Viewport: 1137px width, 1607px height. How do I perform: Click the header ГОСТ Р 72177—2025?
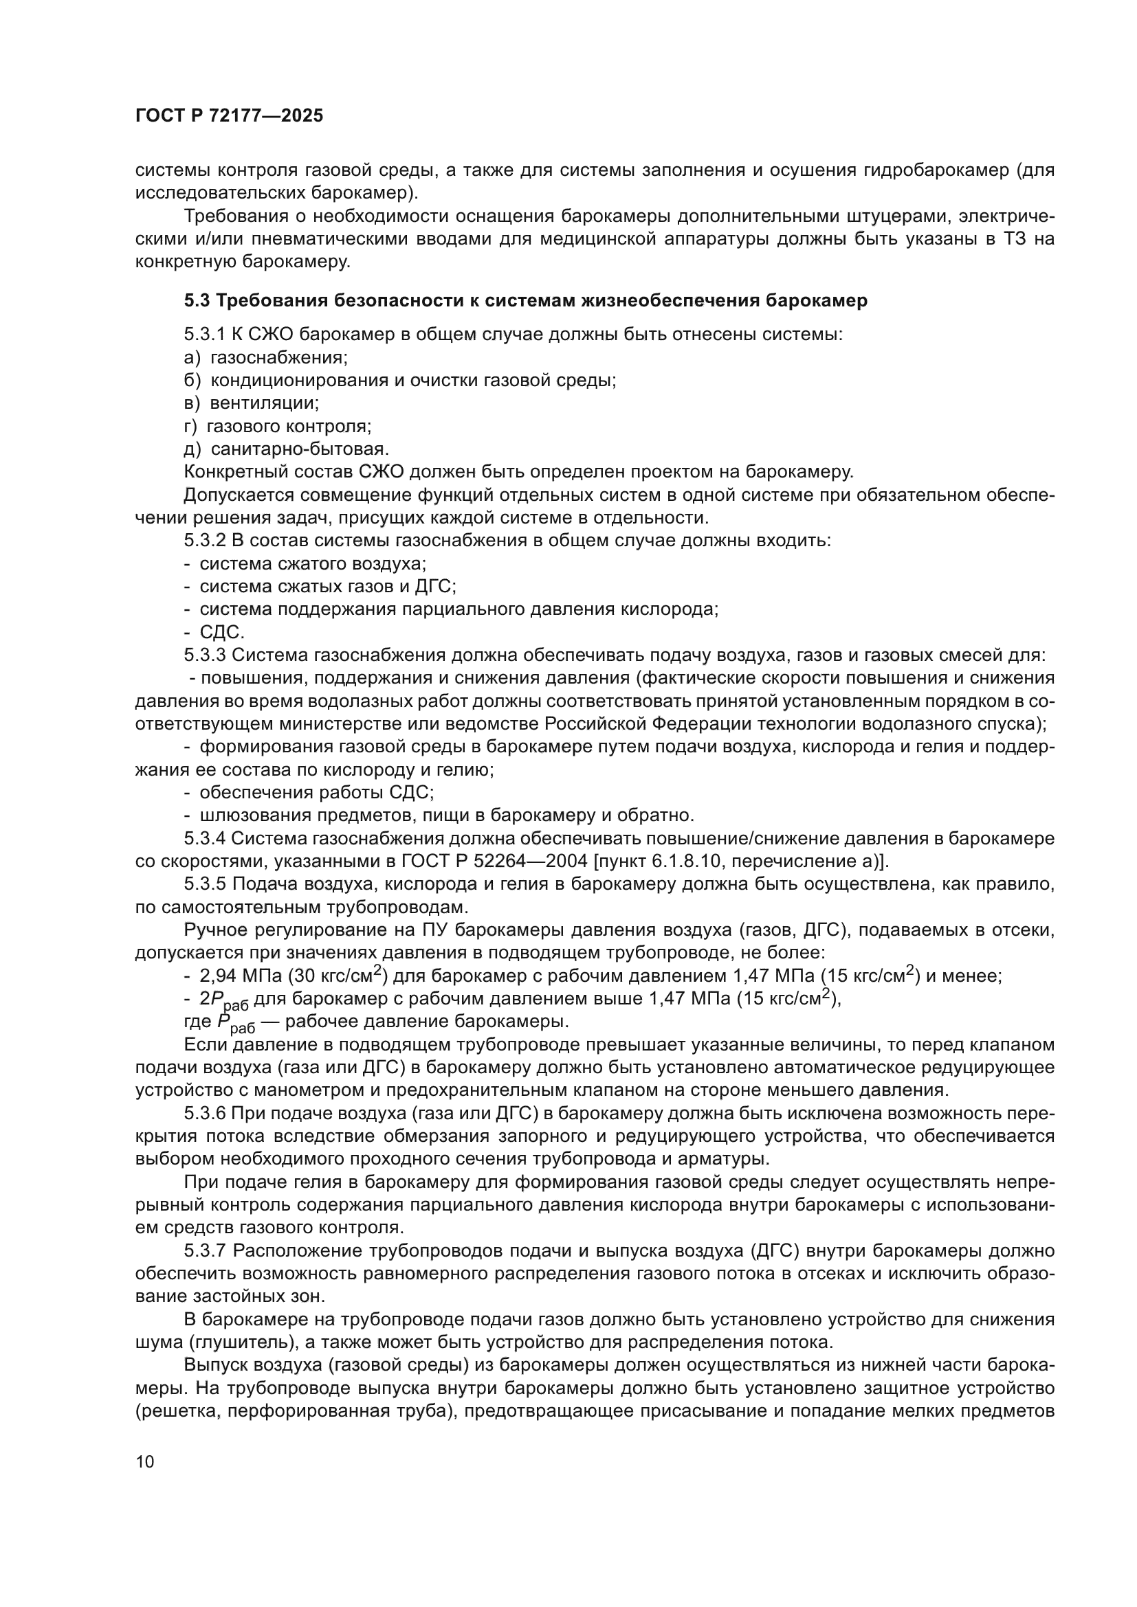tap(229, 116)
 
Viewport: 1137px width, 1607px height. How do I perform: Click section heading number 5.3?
tap(197, 301)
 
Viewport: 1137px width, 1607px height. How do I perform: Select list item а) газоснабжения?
tap(265, 358)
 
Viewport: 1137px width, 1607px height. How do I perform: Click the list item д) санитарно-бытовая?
tap(287, 449)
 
